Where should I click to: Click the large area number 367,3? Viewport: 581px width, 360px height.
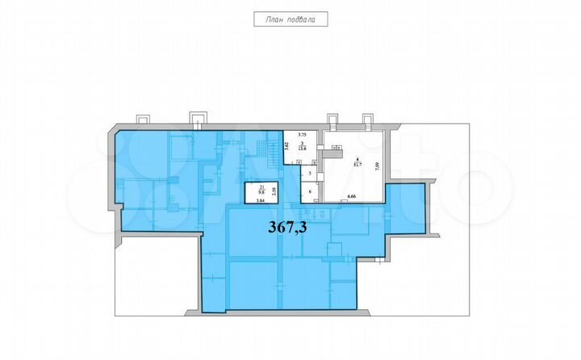tap(287, 227)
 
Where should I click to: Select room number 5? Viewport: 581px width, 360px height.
tap(310, 173)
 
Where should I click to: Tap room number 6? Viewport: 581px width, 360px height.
tap(310, 192)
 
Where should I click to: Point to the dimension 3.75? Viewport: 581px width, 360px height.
tap(303, 134)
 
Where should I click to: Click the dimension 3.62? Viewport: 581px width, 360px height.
tap(286, 148)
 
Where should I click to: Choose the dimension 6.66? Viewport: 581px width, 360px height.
tap(352, 197)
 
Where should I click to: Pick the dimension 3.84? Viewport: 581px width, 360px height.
tap(260, 201)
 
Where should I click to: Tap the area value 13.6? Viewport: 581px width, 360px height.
tap(303, 149)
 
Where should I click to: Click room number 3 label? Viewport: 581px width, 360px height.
tap(303, 143)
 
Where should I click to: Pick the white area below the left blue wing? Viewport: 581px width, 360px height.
tap(153, 274)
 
